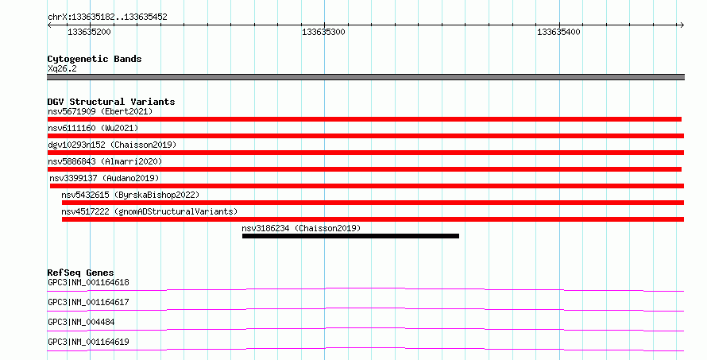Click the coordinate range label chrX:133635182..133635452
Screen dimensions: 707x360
pos(107,17)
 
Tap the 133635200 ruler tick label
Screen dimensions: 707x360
pos(89,32)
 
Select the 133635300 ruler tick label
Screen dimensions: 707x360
pos(323,32)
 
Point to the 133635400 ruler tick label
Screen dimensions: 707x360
pos(558,32)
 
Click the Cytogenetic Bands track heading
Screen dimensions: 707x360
pos(95,59)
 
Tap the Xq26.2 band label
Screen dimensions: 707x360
pos(62,69)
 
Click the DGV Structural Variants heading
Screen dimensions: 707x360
pos(111,102)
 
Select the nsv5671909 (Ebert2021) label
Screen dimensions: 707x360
pos(100,111)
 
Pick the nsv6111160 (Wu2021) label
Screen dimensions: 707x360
pos(93,128)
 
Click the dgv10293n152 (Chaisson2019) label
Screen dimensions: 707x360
pos(112,145)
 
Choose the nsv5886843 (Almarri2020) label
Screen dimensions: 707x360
pos(105,161)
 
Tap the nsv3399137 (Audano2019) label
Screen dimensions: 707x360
pos(104,178)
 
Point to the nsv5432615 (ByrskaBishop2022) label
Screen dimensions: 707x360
pos(130,195)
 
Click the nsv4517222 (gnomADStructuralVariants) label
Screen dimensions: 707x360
pos(149,211)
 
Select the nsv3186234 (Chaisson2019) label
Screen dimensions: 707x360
pos(301,228)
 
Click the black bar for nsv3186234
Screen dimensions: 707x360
pos(350,236)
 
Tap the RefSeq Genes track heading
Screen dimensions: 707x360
pos(80,273)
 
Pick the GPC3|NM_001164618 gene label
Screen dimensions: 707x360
pos(88,283)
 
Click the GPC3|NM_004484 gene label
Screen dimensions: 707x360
pos(81,322)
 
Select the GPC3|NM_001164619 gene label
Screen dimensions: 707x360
pos(88,342)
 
